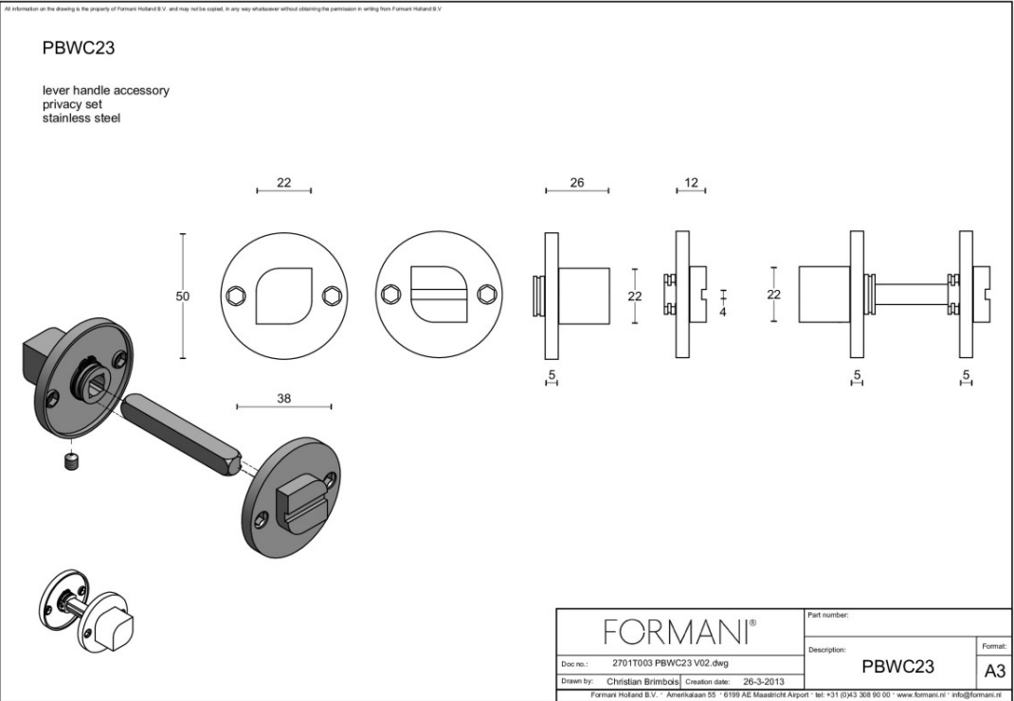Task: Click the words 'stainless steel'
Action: (x=81, y=118)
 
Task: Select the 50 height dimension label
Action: (x=182, y=297)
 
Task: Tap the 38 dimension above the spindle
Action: (x=283, y=399)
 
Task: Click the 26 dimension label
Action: (x=577, y=183)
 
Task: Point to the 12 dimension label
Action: (x=691, y=183)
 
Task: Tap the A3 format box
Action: (x=994, y=671)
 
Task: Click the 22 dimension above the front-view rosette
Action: (x=283, y=183)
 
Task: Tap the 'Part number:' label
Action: (x=828, y=616)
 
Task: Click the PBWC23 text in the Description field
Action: (x=897, y=667)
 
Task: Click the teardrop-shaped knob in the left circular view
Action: (x=282, y=296)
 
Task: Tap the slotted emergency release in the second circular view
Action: (x=437, y=296)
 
